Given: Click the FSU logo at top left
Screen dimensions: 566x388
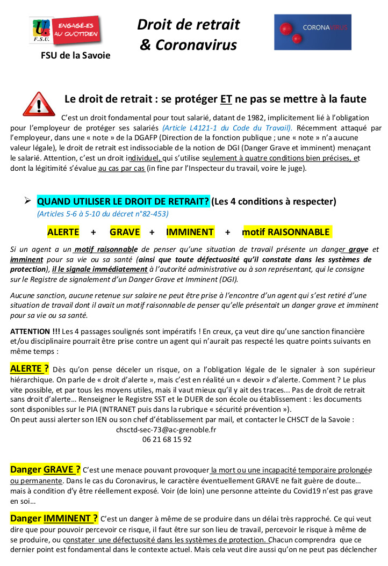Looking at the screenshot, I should click(65, 32).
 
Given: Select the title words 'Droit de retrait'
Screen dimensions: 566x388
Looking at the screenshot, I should click(188, 24).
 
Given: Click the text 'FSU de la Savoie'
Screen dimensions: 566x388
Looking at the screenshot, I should click(76, 55).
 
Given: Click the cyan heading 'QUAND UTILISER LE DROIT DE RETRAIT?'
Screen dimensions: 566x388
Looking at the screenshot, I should click(123, 201).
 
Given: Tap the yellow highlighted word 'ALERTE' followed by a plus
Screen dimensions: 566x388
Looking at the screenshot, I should click(63, 232).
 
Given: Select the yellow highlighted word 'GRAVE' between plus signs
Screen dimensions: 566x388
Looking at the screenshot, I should click(125, 232).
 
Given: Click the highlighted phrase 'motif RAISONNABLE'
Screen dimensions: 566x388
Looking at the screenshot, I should click(286, 232).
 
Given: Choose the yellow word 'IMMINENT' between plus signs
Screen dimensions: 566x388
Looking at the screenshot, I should click(190, 232).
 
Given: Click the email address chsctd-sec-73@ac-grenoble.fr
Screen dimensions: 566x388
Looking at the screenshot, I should click(167, 430).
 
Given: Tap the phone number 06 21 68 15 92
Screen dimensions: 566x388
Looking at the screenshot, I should click(167, 439).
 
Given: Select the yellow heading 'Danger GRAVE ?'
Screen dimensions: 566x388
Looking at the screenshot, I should click(46, 470).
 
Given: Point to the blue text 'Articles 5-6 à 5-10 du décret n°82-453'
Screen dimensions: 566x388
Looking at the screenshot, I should click(103, 214).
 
